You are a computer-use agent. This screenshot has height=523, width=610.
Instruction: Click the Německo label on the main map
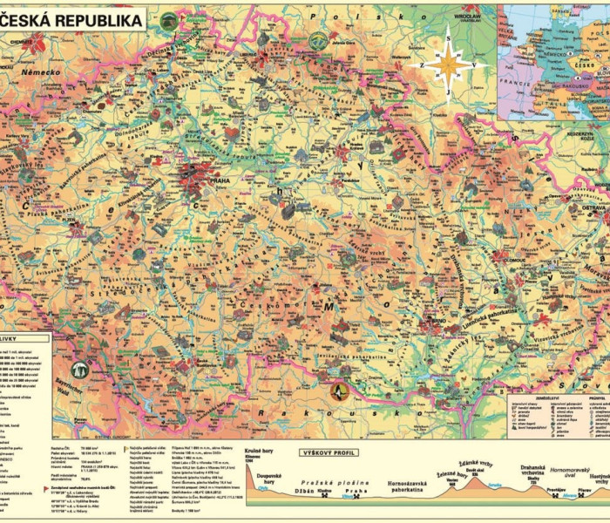pyautogui.click(x=40, y=72)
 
